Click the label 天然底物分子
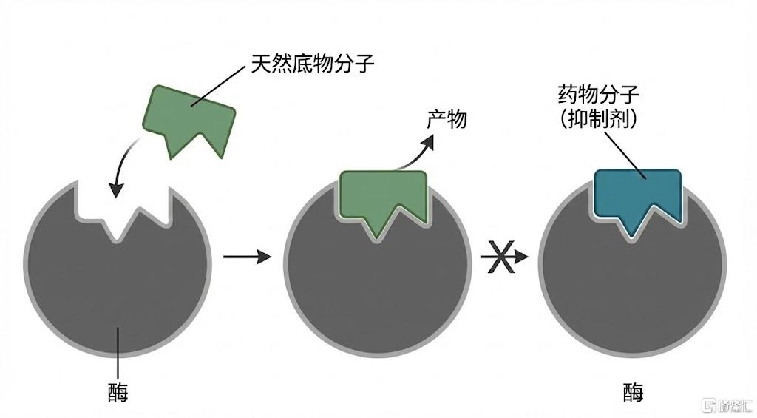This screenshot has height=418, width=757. pyautogui.click(x=313, y=64)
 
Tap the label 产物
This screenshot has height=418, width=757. pyautogui.click(x=447, y=119)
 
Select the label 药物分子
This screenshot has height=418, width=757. pyautogui.click(x=599, y=95)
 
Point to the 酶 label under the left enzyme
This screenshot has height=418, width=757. pyautogui.click(x=118, y=392)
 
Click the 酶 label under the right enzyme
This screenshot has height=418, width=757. pyautogui.click(x=633, y=392)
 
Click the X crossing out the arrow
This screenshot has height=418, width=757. pyautogui.click(x=500, y=257)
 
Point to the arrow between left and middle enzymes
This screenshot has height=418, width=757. pyautogui.click(x=247, y=257)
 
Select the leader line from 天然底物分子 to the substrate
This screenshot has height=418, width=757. pyautogui.click(x=218, y=87)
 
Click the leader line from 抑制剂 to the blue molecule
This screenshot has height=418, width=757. pyautogui.click(x=625, y=155)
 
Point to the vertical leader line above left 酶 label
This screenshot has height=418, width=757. pyautogui.click(x=118, y=353)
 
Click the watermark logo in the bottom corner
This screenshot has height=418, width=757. pyautogui.click(x=727, y=405)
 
